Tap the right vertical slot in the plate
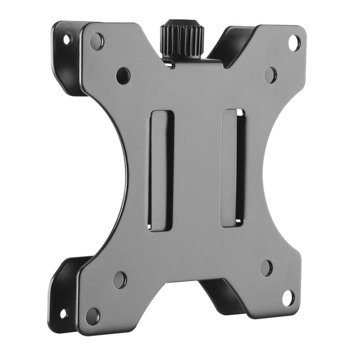pyautogui.click(x=233, y=167)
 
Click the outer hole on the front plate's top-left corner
pyautogui.click(x=97, y=40)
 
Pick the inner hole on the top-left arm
pyautogui.click(x=123, y=75)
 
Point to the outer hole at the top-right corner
pyautogui.click(x=294, y=42)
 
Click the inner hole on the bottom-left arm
pyautogui.click(x=119, y=279)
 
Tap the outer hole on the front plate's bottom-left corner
pyautogui.click(x=93, y=316)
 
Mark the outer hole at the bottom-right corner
pyautogui.click(x=288, y=298)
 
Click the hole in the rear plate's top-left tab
pyautogui.click(x=66, y=40)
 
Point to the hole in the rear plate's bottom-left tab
pyautogui.click(x=64, y=313)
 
